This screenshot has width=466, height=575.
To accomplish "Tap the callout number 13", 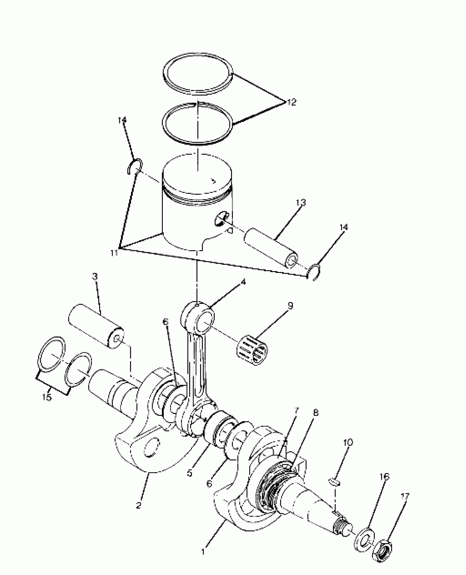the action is (x=300, y=203).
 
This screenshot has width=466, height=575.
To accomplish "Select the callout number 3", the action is (x=95, y=277).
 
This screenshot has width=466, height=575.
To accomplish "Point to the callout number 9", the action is (x=290, y=305).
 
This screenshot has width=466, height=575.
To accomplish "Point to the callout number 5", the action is (x=190, y=474).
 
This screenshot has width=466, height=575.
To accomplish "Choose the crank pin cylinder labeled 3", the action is (x=96, y=326).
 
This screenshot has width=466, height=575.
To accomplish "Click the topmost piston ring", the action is (x=198, y=74).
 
